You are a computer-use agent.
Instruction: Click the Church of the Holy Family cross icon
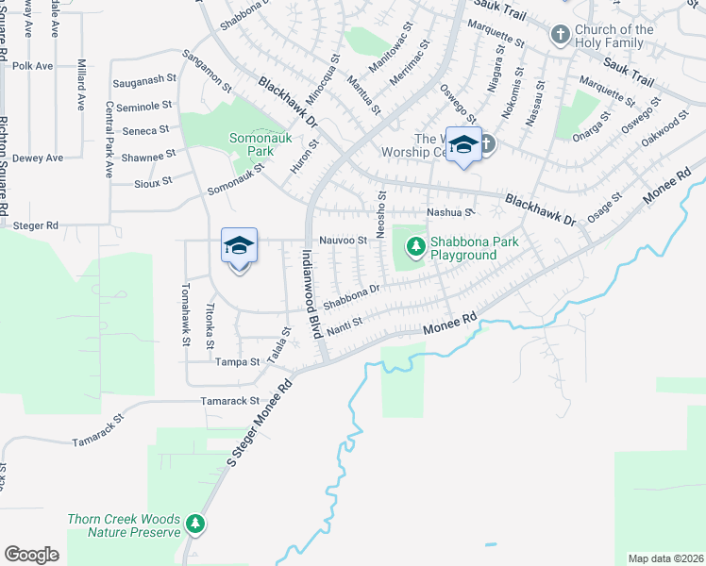560,36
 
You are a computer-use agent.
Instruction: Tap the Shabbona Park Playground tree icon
413,247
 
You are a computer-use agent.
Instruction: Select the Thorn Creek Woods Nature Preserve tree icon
194,523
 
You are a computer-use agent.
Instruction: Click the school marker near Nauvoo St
239,247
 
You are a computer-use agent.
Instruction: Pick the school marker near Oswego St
462,144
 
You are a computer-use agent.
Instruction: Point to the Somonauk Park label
251,144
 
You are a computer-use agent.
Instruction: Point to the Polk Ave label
31,67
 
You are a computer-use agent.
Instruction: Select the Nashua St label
448,213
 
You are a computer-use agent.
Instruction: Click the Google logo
32,555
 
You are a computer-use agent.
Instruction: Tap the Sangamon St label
206,70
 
